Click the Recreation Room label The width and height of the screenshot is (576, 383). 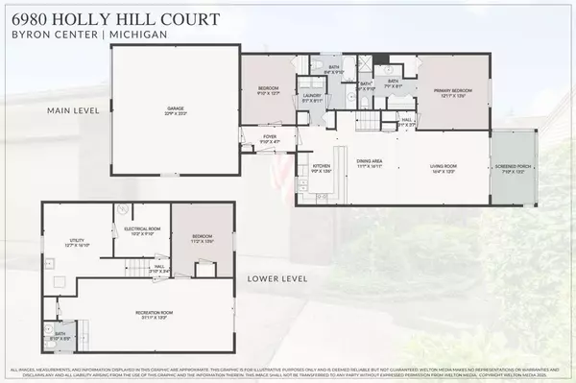click(154, 313)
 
